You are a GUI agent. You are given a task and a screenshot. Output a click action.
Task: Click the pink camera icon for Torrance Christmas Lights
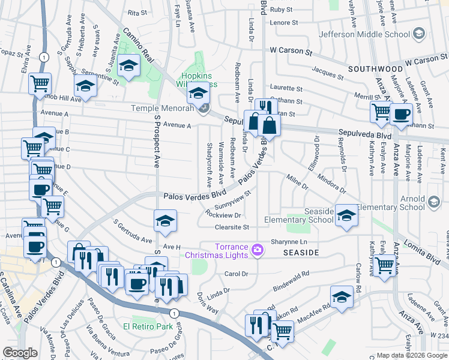pos(258,249)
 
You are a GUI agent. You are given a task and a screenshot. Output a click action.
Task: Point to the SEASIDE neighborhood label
pos(301,253)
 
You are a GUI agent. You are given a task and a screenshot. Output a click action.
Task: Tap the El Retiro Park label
pos(148,326)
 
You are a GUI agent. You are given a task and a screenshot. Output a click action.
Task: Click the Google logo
pos(20,353)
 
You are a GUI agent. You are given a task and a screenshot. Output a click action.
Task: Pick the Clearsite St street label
pos(232,227)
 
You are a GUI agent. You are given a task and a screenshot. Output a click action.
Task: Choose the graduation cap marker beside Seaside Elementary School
pos(346,215)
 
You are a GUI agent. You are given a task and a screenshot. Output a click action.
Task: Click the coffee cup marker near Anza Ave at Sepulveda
pos(401,113)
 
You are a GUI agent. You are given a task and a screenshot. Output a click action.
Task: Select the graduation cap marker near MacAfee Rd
pos(341,296)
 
